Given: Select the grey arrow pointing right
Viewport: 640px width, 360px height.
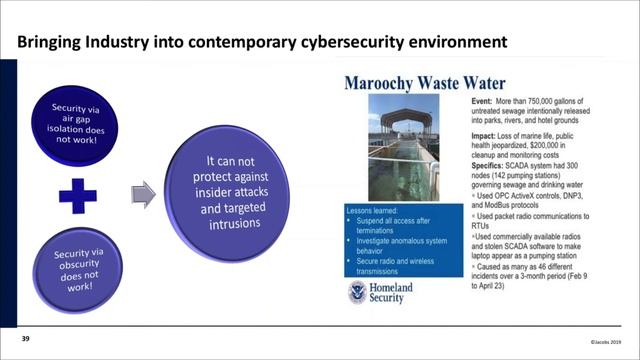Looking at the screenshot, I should coord(144,189).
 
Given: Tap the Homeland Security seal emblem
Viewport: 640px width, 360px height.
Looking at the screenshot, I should coord(358,291).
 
